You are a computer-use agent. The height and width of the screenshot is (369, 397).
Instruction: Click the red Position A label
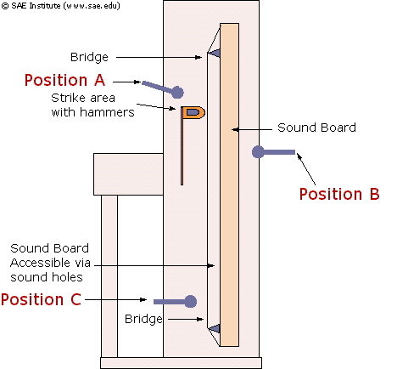point(64,80)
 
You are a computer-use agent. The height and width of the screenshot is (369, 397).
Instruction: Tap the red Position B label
point(339,194)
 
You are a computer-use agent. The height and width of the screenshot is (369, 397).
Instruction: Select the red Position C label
point(41,299)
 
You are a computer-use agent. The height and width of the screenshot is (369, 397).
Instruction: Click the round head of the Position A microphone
point(177,92)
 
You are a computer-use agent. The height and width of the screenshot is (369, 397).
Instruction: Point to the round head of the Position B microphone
point(258,152)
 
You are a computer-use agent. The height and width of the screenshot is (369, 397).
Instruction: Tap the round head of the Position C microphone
point(190,301)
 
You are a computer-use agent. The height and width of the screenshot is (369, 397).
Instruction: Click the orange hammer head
point(193,112)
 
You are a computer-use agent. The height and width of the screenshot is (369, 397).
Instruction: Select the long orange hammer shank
point(182,151)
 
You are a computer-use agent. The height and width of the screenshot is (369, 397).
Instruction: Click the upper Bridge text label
point(89,58)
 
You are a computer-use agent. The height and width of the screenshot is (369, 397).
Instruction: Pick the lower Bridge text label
point(143,320)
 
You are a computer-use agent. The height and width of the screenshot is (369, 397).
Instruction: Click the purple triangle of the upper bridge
point(215,53)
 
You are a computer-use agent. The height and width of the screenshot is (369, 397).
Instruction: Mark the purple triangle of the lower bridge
point(215,328)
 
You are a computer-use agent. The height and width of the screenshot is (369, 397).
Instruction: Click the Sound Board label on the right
point(316,128)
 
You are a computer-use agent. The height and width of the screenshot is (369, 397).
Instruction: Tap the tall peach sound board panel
point(229,184)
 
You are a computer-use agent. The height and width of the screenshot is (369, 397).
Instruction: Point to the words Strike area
point(83,98)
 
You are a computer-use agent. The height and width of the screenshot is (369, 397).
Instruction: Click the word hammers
point(107,112)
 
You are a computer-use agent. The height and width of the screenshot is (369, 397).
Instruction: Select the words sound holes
point(47,277)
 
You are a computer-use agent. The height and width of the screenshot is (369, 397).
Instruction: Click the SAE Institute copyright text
point(61,6)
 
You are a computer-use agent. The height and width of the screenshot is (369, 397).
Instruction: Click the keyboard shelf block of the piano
point(128,174)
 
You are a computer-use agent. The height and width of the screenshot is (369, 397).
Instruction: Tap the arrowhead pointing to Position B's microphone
point(299,156)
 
